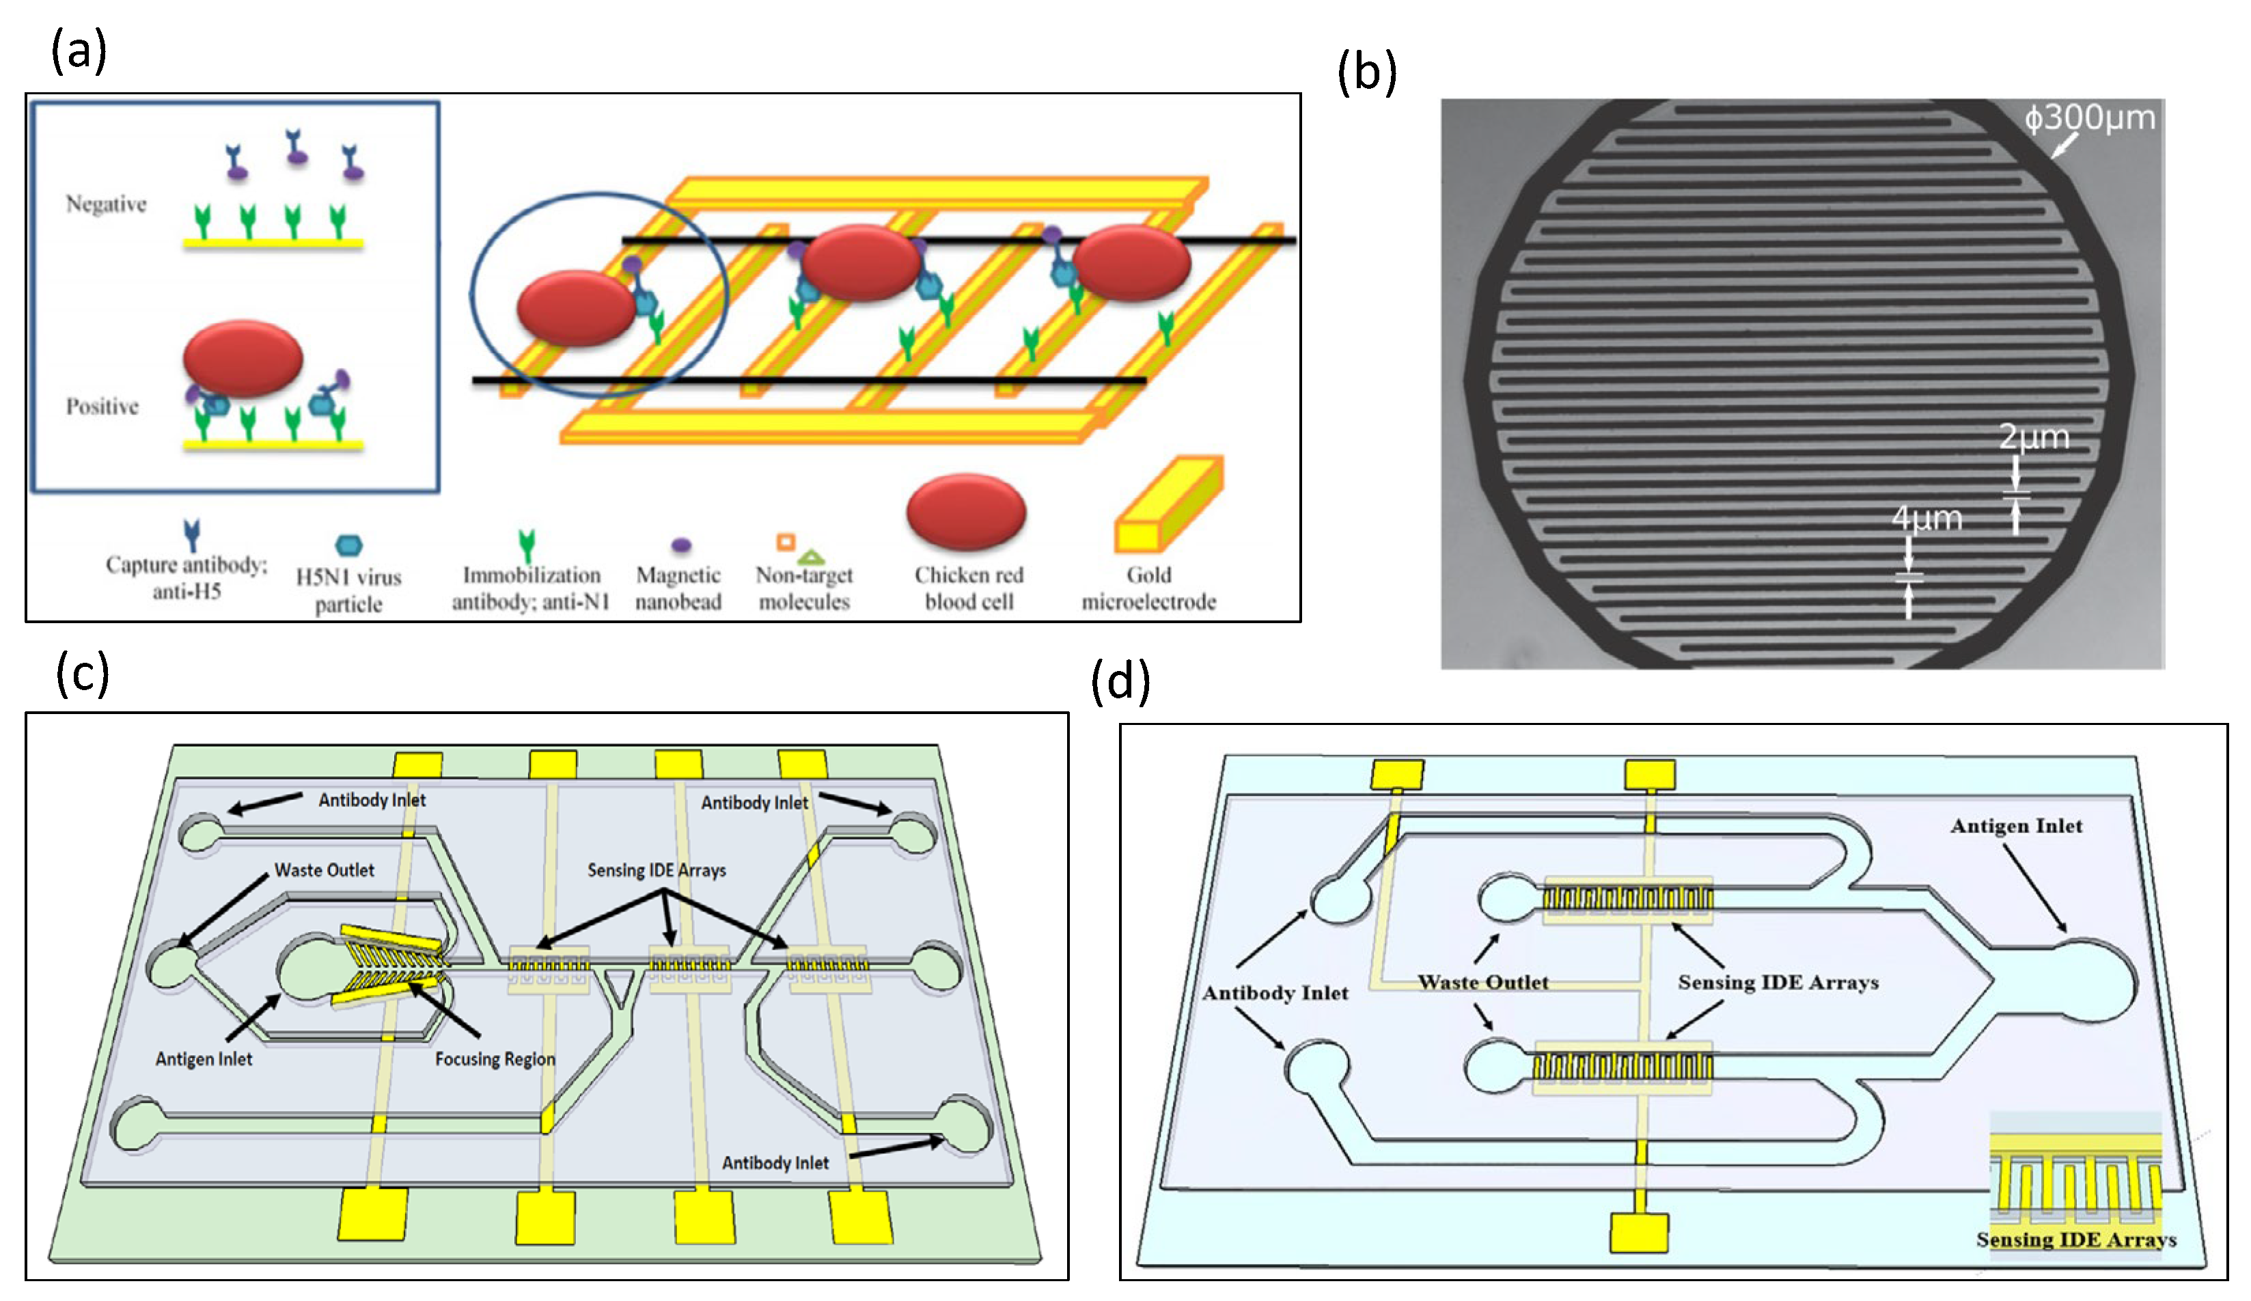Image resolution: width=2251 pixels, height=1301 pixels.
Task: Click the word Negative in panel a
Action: (x=105, y=204)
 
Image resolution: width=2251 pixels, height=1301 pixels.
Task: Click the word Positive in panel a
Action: (x=102, y=407)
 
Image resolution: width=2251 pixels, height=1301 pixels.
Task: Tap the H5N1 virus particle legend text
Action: (x=348, y=590)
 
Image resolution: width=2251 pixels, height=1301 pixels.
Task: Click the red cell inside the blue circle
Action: (x=576, y=308)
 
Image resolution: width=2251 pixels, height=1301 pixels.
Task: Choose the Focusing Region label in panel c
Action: (x=495, y=1059)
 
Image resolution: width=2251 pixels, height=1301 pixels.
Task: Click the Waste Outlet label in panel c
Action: (x=324, y=871)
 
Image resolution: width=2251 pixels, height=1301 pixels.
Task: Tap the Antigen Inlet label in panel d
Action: (x=2015, y=827)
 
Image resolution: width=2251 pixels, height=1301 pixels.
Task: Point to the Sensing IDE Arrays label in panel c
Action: (x=657, y=871)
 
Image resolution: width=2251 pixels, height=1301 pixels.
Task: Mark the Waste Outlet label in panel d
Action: (x=1483, y=983)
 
